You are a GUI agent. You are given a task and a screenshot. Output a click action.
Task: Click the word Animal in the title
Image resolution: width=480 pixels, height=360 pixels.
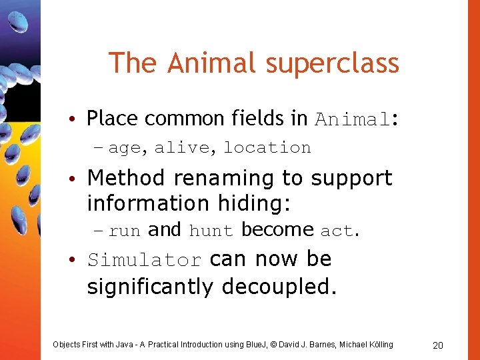click(211, 63)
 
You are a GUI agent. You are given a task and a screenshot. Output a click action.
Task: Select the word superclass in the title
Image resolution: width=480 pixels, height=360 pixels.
click(332, 63)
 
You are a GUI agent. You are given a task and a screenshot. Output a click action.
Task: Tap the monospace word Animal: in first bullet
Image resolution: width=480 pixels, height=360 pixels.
click(357, 119)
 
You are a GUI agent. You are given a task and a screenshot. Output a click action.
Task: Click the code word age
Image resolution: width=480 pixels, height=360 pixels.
click(125, 147)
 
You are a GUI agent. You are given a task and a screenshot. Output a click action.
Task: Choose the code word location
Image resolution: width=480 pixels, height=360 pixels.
click(267, 147)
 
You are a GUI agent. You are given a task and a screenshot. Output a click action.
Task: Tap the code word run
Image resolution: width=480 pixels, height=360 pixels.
click(125, 231)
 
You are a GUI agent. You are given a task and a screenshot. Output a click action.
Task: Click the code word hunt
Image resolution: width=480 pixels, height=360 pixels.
click(211, 231)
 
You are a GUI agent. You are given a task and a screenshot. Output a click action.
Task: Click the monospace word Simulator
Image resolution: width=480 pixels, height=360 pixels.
click(144, 260)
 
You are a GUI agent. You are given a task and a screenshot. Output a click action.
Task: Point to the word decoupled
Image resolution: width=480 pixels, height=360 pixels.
click(279, 287)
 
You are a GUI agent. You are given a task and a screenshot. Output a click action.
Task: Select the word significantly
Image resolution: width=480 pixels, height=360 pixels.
click(152, 287)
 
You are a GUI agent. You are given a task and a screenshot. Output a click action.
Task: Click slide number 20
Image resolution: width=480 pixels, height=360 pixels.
click(438, 345)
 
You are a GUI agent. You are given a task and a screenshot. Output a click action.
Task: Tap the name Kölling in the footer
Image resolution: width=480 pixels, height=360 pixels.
click(377, 344)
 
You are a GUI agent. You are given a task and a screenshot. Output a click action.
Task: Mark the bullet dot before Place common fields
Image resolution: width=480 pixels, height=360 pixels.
click(78, 120)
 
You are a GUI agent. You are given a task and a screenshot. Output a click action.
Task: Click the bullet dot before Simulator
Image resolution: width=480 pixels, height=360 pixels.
click(78, 260)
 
